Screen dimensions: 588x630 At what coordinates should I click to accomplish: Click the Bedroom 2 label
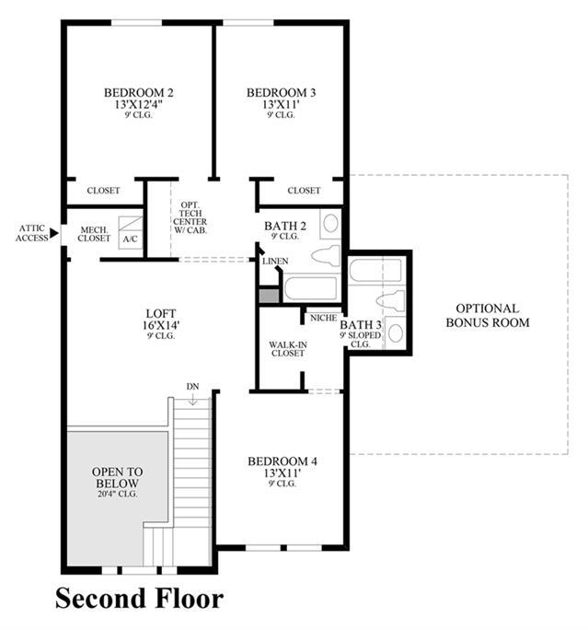pyautogui.click(x=138, y=93)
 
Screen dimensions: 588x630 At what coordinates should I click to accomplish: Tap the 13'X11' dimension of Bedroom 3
pyautogui.click(x=282, y=104)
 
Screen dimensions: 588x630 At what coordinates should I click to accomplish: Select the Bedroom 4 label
pyautogui.click(x=282, y=461)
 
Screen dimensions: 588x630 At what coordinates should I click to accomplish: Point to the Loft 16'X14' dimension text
pyautogui.click(x=161, y=324)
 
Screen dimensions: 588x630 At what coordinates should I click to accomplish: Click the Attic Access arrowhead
pyautogui.click(x=53, y=233)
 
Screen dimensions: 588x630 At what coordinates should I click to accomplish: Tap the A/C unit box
pyautogui.click(x=131, y=233)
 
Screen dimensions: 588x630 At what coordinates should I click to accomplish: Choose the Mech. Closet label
pyautogui.click(x=94, y=234)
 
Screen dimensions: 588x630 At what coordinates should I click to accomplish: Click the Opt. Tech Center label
pyautogui.click(x=190, y=217)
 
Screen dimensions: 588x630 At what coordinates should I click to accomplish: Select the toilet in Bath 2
pyautogui.click(x=326, y=256)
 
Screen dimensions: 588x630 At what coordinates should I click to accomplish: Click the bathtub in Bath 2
pyautogui.click(x=311, y=288)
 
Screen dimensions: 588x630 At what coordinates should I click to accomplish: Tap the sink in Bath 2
pyautogui.click(x=330, y=224)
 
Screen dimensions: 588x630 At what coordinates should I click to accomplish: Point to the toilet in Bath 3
pyautogui.click(x=390, y=301)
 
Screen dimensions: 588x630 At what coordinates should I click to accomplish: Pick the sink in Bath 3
pyautogui.click(x=396, y=332)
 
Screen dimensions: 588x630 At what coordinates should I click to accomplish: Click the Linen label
pyautogui.click(x=275, y=262)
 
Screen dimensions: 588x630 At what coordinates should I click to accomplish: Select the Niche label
pyautogui.click(x=324, y=318)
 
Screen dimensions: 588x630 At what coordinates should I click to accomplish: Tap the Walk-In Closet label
pyautogui.click(x=288, y=349)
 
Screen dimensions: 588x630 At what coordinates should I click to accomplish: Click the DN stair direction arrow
pyautogui.click(x=193, y=399)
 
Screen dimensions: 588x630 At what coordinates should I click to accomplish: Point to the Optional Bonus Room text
pyautogui.click(x=488, y=315)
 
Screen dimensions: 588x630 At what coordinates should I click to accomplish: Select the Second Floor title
pyautogui.click(x=139, y=599)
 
